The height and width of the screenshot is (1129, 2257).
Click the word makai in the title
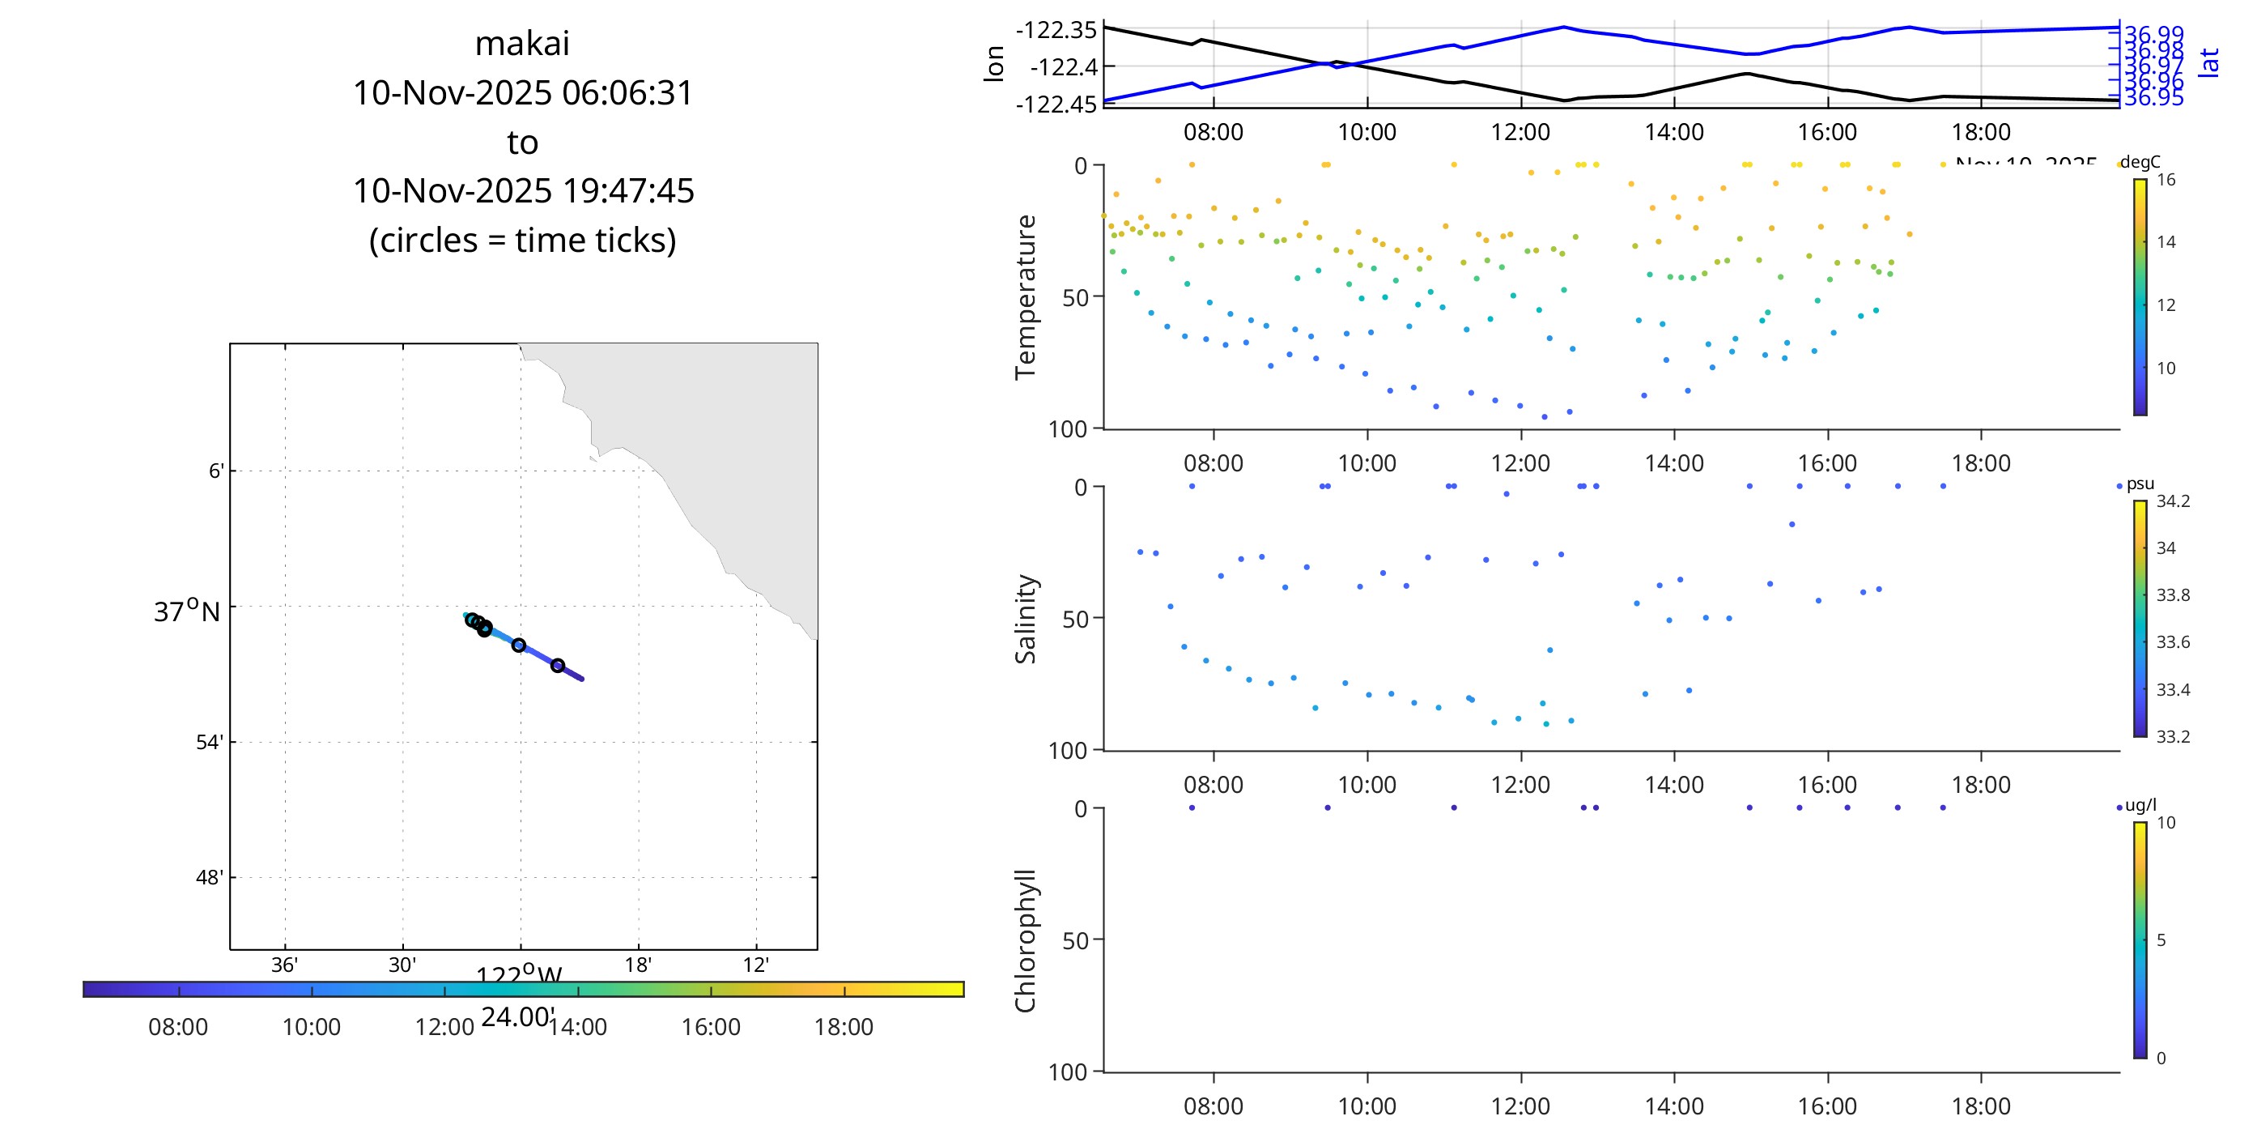click(522, 44)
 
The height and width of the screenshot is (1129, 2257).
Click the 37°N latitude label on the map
click(187, 611)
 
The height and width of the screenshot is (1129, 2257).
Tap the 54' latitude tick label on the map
click(210, 743)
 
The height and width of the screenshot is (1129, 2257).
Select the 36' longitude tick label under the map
click(284, 965)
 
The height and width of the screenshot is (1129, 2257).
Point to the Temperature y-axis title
click(1025, 297)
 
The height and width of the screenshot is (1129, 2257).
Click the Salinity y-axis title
click(1025, 619)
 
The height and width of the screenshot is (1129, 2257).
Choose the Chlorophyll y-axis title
click(1025, 940)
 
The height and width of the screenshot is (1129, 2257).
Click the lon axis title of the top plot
click(993, 64)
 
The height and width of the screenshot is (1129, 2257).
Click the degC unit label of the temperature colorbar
click(2140, 162)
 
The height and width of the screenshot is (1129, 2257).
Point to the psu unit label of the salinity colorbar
click(2140, 484)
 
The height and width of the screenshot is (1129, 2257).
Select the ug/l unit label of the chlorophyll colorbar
click(2141, 806)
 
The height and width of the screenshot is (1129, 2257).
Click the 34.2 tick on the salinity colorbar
click(2173, 501)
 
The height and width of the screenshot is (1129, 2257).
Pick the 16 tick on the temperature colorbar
click(2166, 180)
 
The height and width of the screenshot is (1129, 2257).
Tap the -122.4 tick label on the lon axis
click(1064, 66)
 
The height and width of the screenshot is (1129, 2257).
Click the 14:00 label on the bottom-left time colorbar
click(577, 1027)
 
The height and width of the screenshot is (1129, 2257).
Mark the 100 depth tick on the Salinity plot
click(1067, 750)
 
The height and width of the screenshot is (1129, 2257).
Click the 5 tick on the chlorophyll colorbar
click(2161, 940)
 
